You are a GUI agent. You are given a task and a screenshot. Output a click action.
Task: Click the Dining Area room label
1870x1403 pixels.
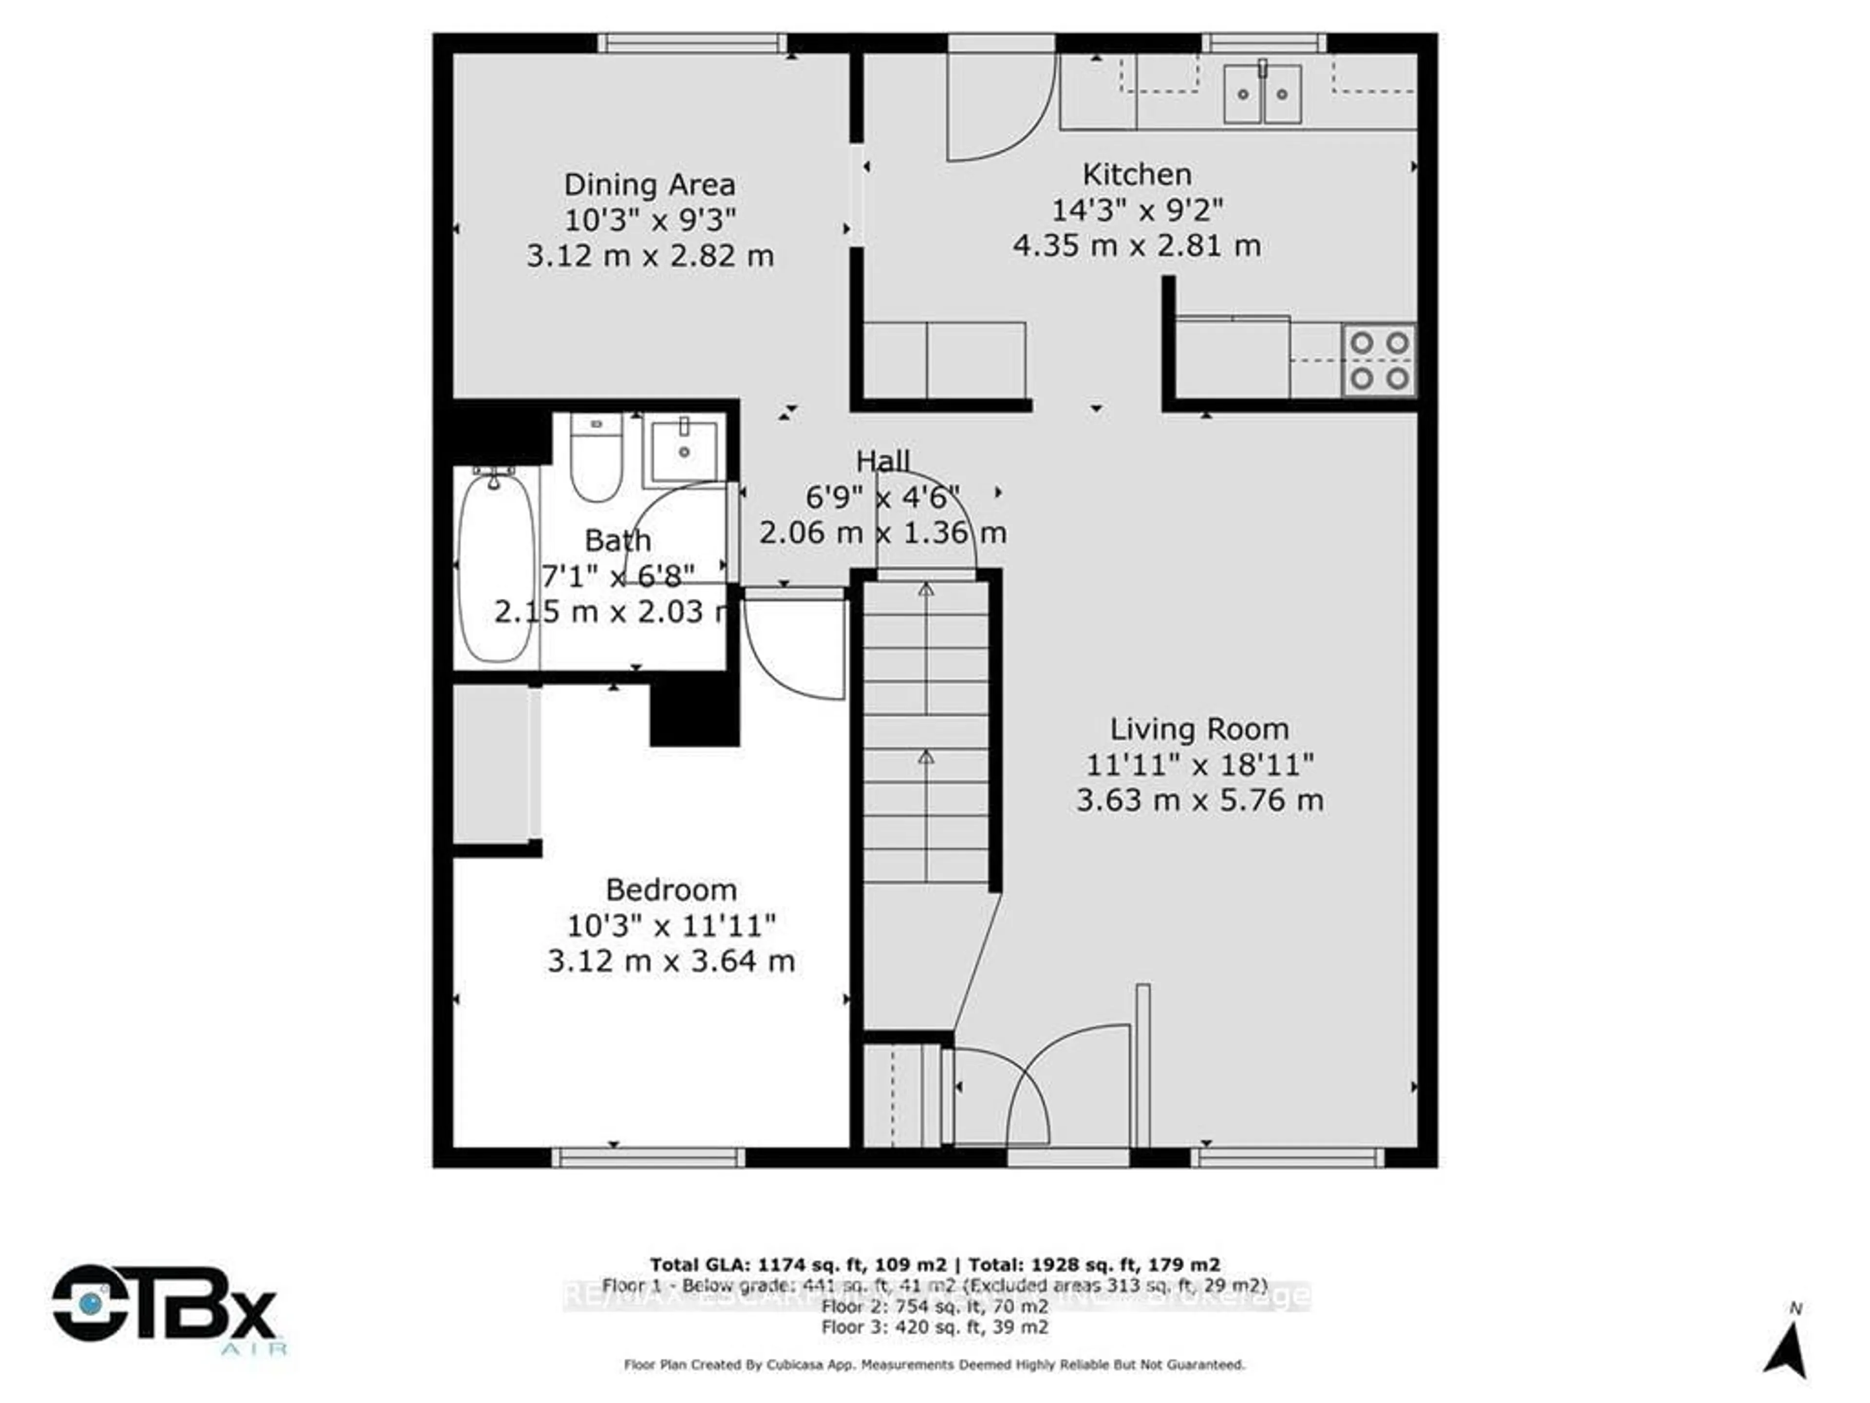649,184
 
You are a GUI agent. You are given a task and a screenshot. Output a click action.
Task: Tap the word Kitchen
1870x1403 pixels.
1137,174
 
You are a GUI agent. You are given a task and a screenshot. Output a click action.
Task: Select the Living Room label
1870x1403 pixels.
1199,729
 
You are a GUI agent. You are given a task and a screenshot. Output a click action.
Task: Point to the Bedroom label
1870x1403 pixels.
671,890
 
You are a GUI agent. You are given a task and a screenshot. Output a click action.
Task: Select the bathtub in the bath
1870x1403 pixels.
496,567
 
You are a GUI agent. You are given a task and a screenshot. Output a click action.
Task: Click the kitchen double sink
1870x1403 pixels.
1262,95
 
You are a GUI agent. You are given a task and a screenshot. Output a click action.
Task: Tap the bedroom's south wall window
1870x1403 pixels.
649,1157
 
